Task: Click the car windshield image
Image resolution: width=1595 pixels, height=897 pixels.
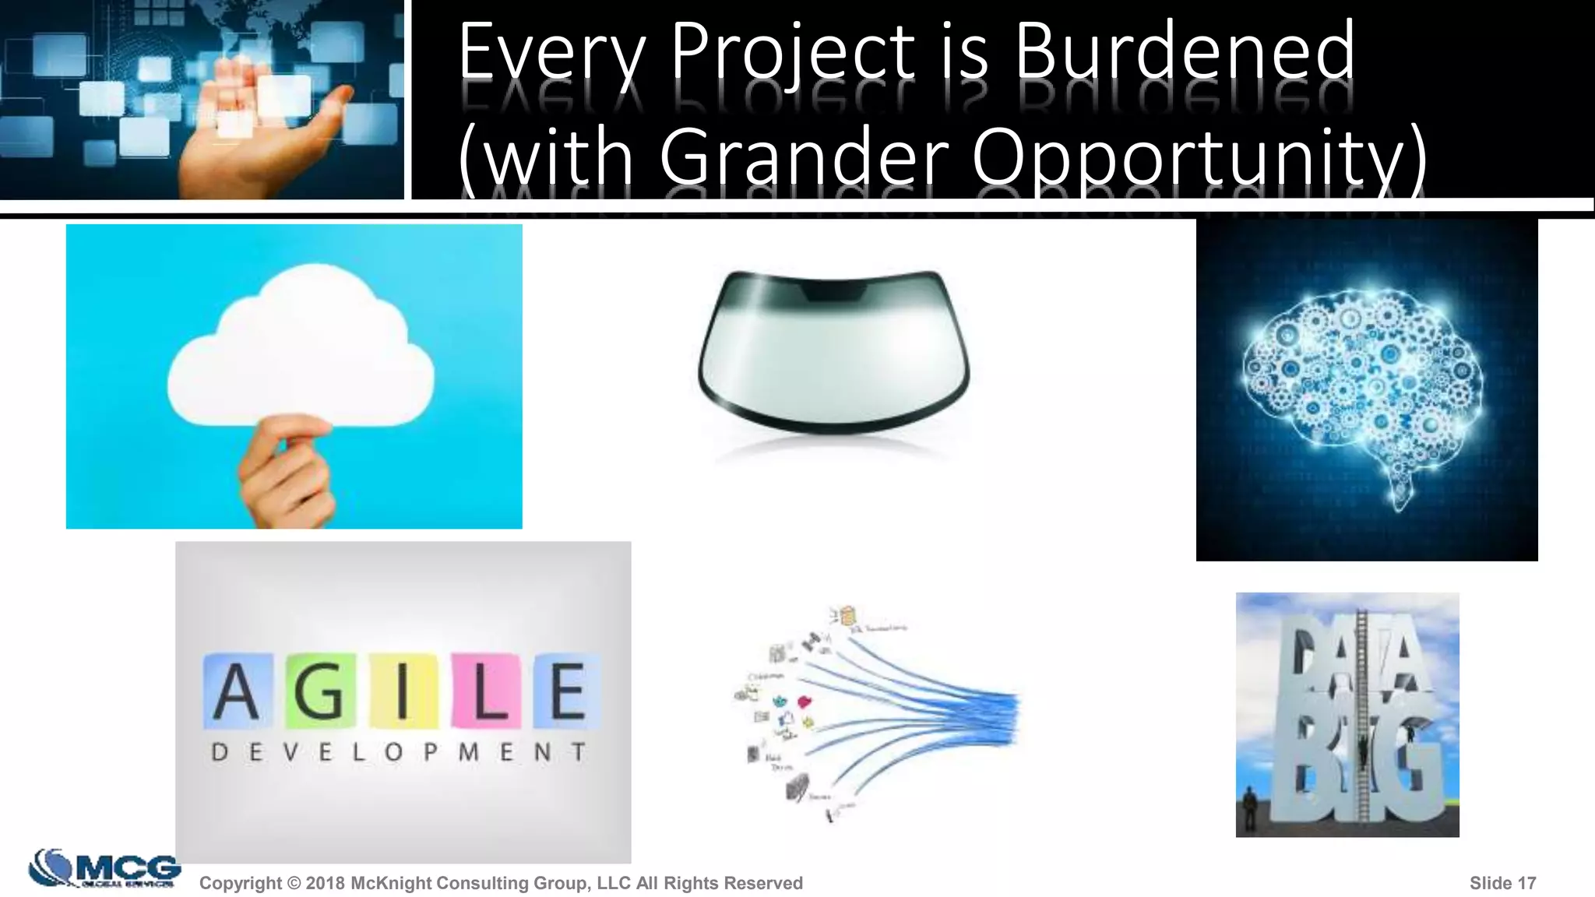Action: click(x=833, y=350)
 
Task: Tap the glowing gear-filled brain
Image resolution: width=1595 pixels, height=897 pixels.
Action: click(x=1363, y=382)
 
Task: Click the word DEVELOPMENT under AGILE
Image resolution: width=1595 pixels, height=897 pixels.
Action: click(x=399, y=752)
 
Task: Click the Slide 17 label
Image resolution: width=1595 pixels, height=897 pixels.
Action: click(x=1502, y=883)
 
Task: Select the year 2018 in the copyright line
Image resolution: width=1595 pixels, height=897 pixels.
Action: click(x=326, y=883)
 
